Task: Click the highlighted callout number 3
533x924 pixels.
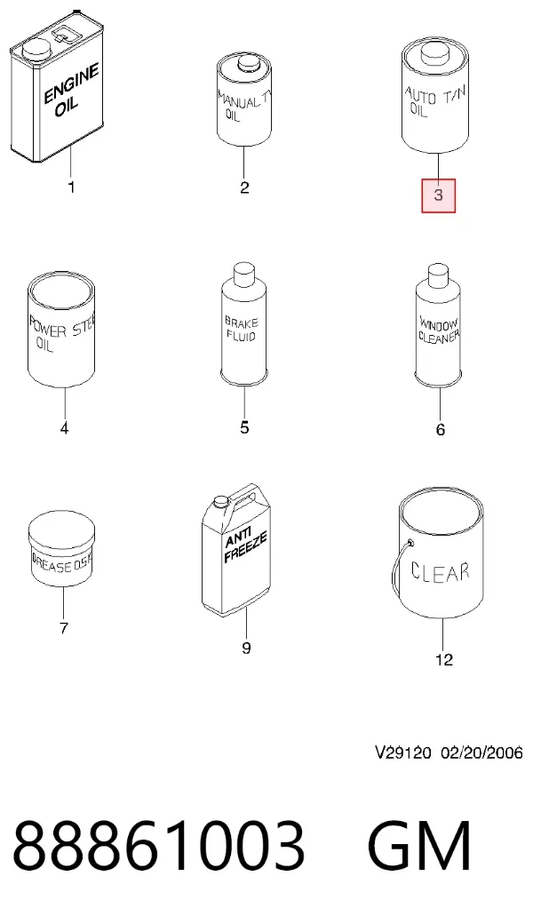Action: coord(438,195)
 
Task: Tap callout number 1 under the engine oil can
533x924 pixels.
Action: coord(71,188)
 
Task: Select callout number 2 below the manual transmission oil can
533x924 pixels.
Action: coord(245,187)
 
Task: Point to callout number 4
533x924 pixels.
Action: coord(64,428)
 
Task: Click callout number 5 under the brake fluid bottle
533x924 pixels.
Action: coord(245,427)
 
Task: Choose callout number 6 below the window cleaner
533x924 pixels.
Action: coord(441,430)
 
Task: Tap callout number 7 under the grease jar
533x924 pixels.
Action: coord(64,628)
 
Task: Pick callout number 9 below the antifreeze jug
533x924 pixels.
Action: coord(246,649)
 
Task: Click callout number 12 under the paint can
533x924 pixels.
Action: coord(444,659)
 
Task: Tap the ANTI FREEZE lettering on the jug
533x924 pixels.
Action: coord(245,547)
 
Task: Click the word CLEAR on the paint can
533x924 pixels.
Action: coord(440,572)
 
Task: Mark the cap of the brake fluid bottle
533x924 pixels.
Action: coord(244,274)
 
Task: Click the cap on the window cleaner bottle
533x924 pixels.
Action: coord(439,274)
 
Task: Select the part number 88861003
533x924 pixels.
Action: coord(159,846)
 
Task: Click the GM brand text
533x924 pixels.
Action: coord(420,846)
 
